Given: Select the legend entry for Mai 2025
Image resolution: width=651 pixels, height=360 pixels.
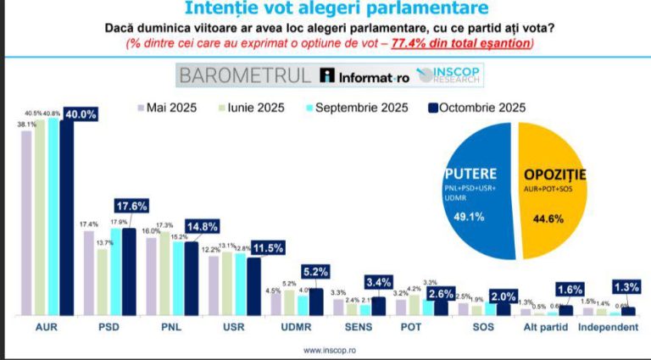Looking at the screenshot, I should (x=170, y=108).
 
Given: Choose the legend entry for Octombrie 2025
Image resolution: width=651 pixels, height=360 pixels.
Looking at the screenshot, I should (x=477, y=108).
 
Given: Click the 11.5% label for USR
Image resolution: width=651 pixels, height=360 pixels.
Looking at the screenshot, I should (x=266, y=248).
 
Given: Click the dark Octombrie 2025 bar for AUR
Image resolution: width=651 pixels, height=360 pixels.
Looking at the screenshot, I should (x=67, y=220).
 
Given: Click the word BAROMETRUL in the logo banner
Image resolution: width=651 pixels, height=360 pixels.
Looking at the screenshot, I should (x=244, y=75).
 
